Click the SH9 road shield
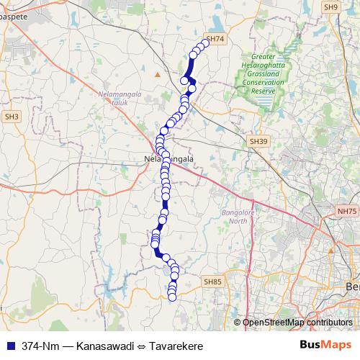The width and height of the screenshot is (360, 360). (330, 6)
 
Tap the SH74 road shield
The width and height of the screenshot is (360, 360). (215, 40)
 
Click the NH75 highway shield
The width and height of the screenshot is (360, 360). (347, 211)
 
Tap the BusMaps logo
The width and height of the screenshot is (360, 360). (325, 346)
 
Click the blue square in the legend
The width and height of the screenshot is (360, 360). (9, 346)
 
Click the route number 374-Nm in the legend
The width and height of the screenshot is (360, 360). (40, 346)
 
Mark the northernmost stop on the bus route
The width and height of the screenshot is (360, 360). (205, 43)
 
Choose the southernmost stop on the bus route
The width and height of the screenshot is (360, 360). (171, 297)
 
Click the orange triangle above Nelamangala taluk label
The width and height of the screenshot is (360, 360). (158, 73)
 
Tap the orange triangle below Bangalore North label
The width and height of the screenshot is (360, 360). (330, 251)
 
